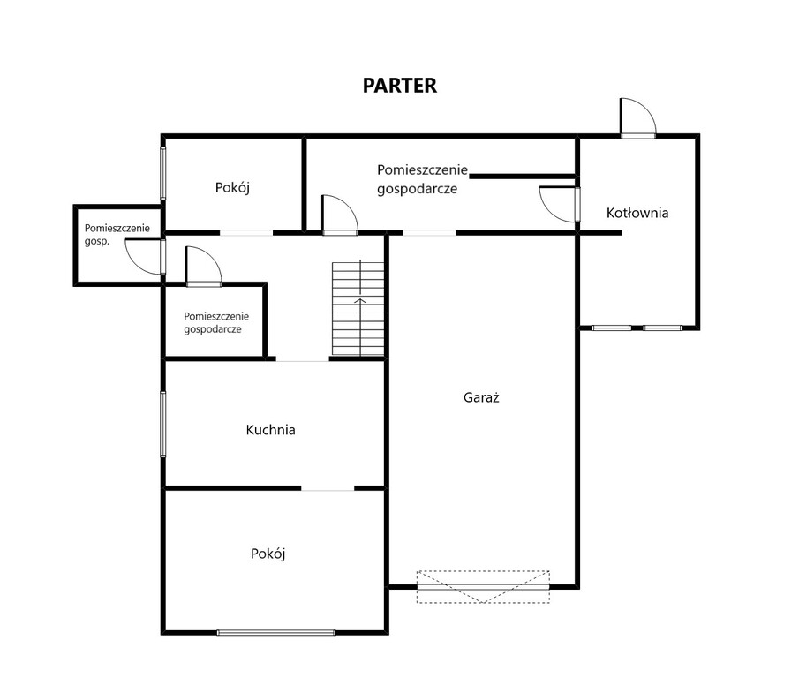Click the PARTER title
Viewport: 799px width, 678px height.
pyautogui.click(x=399, y=86)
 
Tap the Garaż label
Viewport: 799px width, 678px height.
pyautogui.click(x=481, y=397)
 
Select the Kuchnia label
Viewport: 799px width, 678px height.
pyautogui.click(x=270, y=430)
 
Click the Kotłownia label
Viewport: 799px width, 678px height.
pyautogui.click(x=637, y=213)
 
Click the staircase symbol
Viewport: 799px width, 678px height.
pyautogui.click(x=358, y=309)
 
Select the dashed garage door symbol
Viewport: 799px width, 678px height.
pyautogui.click(x=483, y=587)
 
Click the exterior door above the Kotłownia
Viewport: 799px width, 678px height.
pyautogui.click(x=637, y=118)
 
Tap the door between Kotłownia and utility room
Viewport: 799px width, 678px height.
pyautogui.click(x=560, y=204)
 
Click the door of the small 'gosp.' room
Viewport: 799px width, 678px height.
pyautogui.click(x=145, y=257)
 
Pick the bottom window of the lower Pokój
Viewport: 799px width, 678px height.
pyautogui.click(x=276, y=633)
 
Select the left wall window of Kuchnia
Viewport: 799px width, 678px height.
pyautogui.click(x=163, y=424)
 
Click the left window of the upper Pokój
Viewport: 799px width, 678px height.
pyautogui.click(x=163, y=173)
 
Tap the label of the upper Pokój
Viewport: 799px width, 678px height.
pyautogui.click(x=232, y=187)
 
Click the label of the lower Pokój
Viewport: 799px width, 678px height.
pyautogui.click(x=268, y=554)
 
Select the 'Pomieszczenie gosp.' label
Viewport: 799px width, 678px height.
pyautogui.click(x=117, y=234)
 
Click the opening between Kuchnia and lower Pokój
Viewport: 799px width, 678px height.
pyautogui.click(x=328, y=489)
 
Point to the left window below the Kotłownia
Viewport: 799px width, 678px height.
pyautogui.click(x=612, y=328)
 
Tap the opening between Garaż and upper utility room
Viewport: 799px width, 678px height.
pyautogui.click(x=429, y=233)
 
